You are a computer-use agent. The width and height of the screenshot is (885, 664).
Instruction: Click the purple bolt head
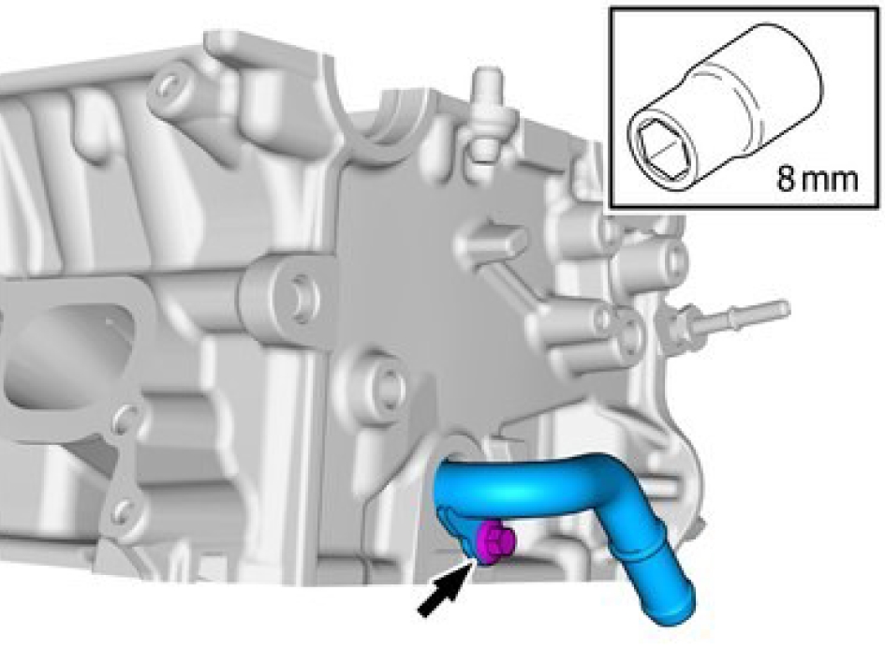[495, 541]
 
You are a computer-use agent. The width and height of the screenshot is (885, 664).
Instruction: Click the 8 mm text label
[818, 180]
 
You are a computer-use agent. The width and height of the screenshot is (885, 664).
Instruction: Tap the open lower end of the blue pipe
[675, 608]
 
